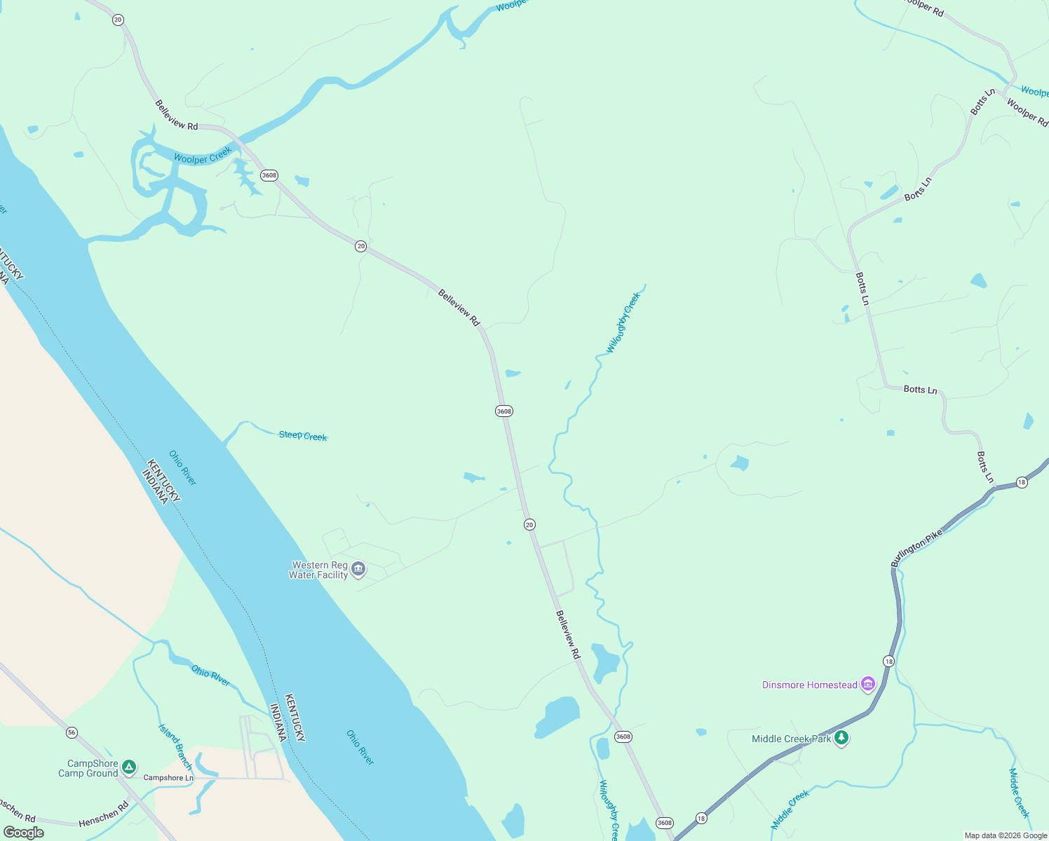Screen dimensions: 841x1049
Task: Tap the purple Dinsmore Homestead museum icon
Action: [x=868, y=684]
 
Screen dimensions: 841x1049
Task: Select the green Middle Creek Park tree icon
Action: [x=841, y=738]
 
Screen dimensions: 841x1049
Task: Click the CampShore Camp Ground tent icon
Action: [x=129, y=767]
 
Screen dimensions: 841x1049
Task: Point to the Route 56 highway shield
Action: [x=72, y=732]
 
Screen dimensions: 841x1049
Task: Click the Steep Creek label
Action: [x=302, y=436]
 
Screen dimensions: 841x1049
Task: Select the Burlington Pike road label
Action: [x=917, y=548]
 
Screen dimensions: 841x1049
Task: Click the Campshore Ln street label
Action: [x=168, y=778]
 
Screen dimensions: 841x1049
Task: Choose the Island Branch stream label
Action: [x=175, y=747]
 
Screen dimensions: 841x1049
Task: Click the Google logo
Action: [x=24, y=832]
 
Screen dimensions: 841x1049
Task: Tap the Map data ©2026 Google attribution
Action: [x=1006, y=835]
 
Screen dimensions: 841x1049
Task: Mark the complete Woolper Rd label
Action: [x=1027, y=112]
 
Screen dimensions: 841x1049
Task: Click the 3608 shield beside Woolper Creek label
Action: [x=269, y=175]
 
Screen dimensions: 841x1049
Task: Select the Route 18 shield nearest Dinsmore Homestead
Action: [x=888, y=662]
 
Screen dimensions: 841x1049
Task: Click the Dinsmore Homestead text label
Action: [x=809, y=685]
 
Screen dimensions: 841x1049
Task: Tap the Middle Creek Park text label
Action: [x=791, y=739]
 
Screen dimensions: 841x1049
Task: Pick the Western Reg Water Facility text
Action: [x=319, y=570]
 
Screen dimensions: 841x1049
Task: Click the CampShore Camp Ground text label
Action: [x=88, y=768]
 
